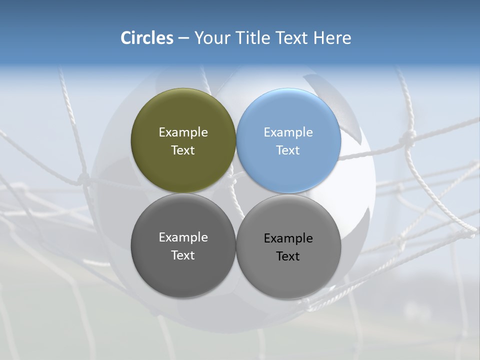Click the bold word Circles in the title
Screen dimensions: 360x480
[x=147, y=38]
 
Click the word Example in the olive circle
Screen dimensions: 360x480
[x=183, y=132]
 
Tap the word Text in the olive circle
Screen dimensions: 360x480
[x=183, y=150]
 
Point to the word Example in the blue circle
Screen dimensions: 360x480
[x=288, y=132]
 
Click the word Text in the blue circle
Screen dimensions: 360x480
[x=288, y=150]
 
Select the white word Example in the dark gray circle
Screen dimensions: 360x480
[x=183, y=237]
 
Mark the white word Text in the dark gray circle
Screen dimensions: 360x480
[x=183, y=255]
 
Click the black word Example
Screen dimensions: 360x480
[x=288, y=238]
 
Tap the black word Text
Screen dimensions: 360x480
[x=288, y=256]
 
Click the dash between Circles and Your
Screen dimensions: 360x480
[x=183, y=38]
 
